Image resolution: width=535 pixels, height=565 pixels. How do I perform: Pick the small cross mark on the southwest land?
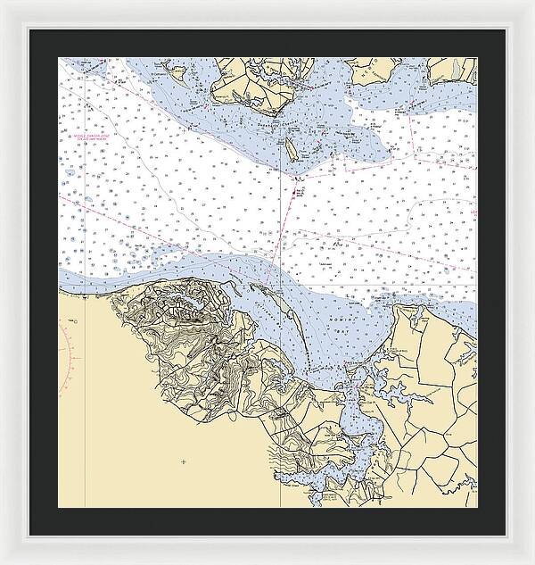pyautogui.click(x=183, y=461)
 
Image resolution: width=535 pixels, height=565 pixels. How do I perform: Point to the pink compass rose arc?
pyautogui.click(x=64, y=357)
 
